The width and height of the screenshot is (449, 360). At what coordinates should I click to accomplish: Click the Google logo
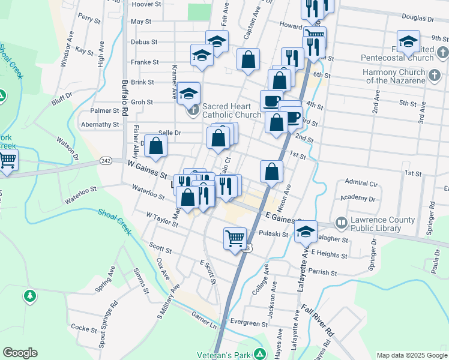[x=20, y=353]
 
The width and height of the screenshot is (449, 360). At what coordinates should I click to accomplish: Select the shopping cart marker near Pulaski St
[x=235, y=238]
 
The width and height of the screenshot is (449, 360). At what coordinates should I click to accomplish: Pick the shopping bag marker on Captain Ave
[x=248, y=59]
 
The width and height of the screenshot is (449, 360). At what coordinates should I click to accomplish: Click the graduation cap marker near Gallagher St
[x=306, y=231]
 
